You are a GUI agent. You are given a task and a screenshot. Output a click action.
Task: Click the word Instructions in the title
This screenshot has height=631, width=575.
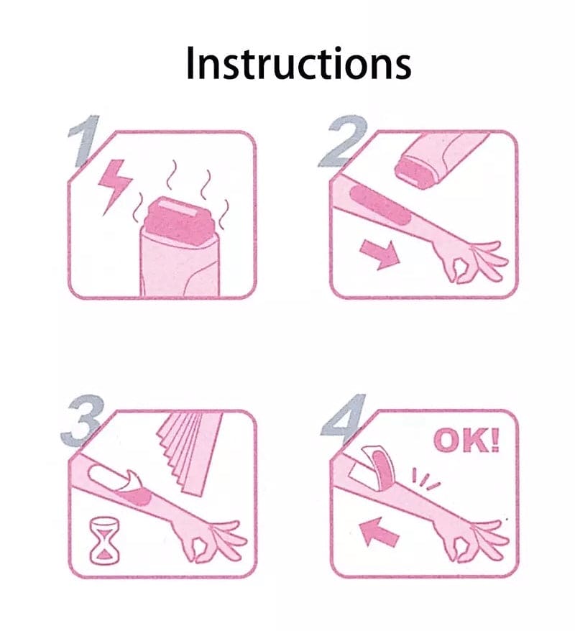click(x=298, y=63)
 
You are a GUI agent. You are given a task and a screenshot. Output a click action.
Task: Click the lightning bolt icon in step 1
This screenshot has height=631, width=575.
click(x=114, y=185)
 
